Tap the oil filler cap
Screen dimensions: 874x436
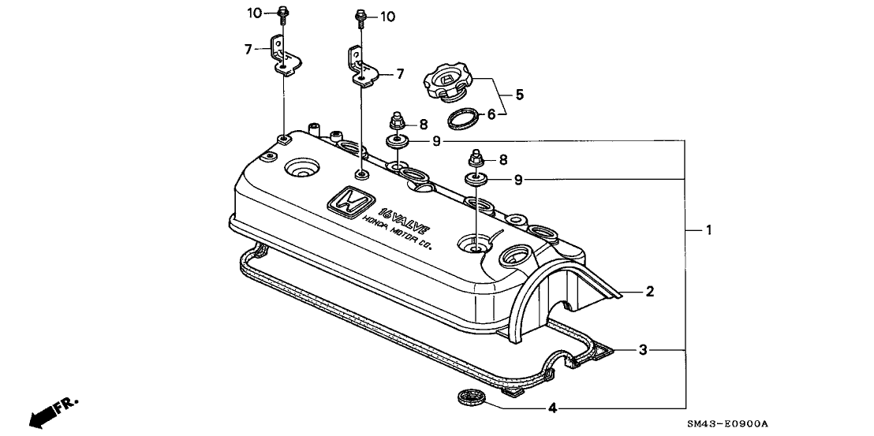coord(447,84)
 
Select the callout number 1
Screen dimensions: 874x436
coord(708,229)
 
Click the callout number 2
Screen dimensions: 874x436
coord(649,291)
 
